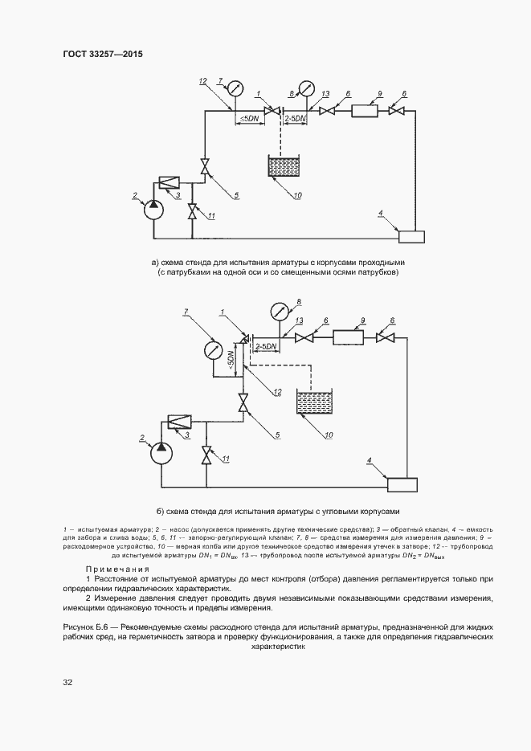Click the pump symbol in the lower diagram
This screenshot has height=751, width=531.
click(161, 453)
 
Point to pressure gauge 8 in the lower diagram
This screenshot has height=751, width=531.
click(279, 309)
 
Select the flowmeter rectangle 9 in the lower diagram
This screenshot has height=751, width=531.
click(349, 337)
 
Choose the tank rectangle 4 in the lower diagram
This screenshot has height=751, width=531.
click(402, 484)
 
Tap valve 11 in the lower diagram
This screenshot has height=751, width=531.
click(207, 455)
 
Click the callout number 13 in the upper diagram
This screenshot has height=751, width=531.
click(325, 94)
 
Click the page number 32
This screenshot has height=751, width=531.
click(67, 682)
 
